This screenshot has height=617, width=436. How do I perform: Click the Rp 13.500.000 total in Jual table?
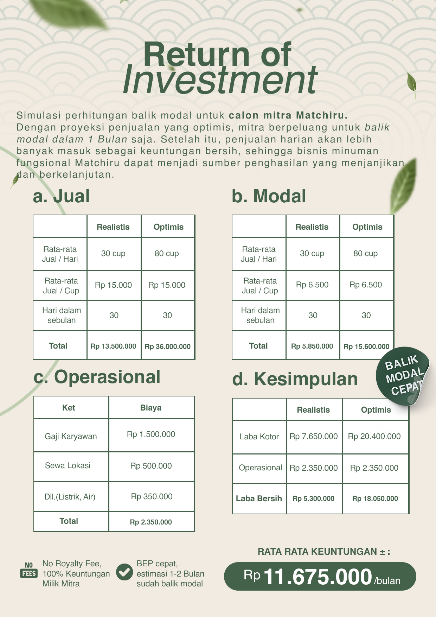point(113,346)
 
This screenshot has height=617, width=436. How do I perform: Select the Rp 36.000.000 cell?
point(168,346)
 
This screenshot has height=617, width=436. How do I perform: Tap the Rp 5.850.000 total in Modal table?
point(312,346)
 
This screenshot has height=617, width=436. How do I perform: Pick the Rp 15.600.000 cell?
point(366,346)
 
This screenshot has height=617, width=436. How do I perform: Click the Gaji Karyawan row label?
point(71,436)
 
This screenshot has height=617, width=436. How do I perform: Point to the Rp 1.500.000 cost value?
point(151,434)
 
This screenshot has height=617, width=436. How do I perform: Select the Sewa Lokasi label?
point(68,465)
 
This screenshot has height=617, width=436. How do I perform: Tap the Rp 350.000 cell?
point(152,496)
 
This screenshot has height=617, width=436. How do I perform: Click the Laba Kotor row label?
point(259,437)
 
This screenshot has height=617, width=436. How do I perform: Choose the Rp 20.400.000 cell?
point(374,436)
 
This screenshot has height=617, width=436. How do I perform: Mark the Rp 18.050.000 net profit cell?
point(375,498)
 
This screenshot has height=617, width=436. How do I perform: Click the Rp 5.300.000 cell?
point(313,498)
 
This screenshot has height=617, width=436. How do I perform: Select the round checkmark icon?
point(124,572)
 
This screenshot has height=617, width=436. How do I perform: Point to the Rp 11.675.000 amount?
point(318,577)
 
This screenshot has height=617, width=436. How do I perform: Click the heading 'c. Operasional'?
point(97,377)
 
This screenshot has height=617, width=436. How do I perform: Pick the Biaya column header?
point(151,408)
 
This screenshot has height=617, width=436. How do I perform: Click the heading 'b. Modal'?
point(269,196)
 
